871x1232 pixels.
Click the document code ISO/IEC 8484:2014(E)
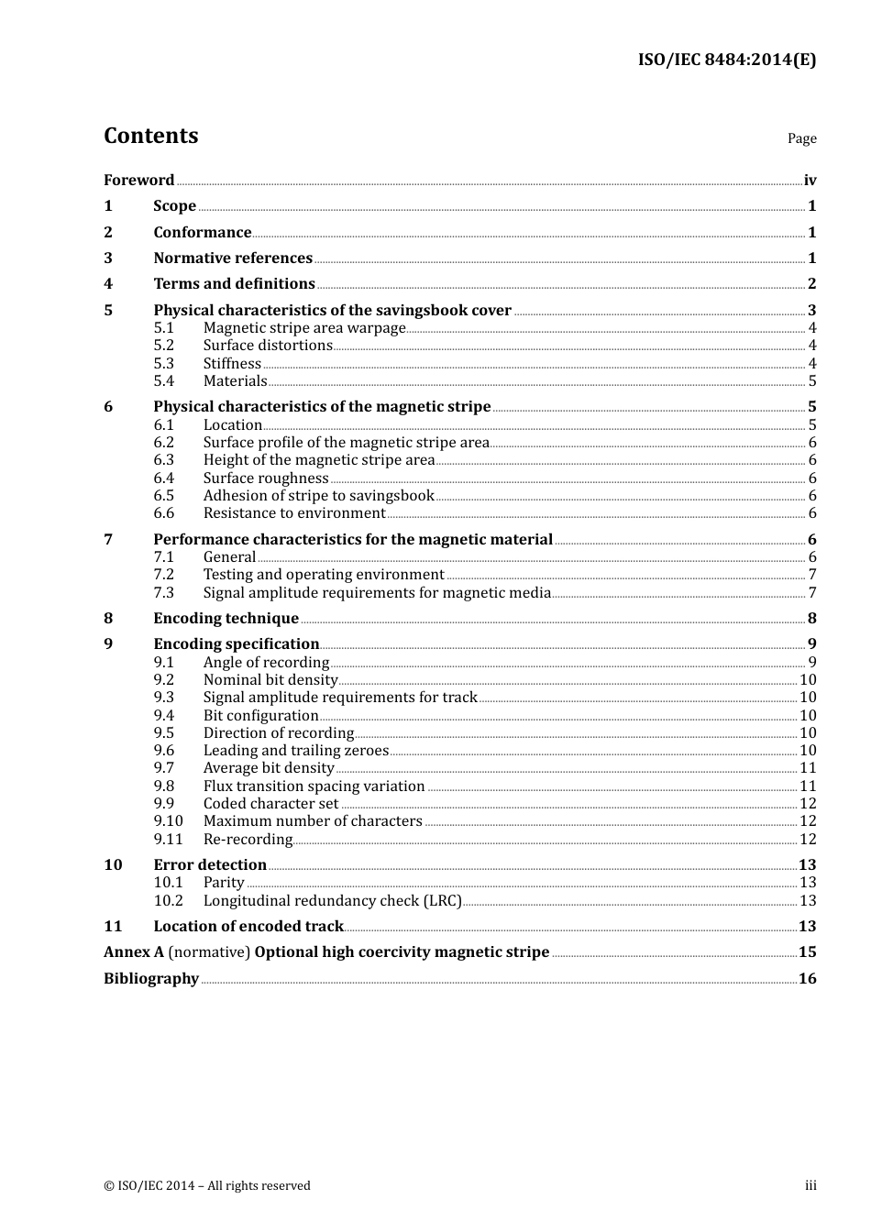(726, 60)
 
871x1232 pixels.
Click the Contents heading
(150, 136)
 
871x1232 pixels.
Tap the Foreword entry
(138, 181)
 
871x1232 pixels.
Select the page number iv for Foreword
(810, 181)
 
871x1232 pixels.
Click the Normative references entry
(233, 258)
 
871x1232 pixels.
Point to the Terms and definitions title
(234, 284)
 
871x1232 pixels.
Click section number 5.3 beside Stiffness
(163, 364)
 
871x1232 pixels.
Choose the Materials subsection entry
(235, 381)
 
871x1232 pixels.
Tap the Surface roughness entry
(266, 478)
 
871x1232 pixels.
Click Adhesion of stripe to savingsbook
(318, 496)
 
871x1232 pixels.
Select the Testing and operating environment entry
(324, 575)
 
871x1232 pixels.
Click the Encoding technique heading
(226, 619)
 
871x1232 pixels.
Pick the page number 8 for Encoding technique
(811, 619)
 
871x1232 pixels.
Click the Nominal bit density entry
(270, 680)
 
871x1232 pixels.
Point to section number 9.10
(168, 821)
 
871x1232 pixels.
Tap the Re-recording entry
(248, 840)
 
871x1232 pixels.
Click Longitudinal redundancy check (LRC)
(332, 901)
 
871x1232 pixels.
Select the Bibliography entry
(151, 979)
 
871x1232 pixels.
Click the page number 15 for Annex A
(807, 952)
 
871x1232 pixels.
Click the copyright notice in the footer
(207, 1186)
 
